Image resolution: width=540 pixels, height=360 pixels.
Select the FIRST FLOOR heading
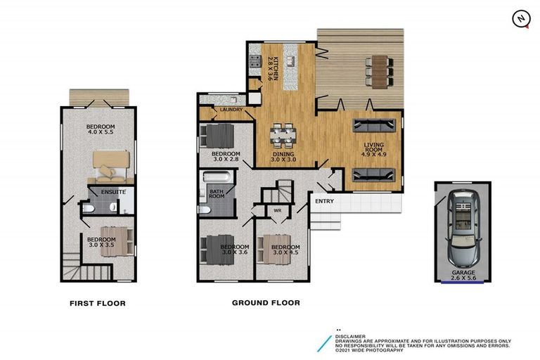tap(98, 304)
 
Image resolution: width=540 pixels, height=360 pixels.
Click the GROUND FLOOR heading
tap(266, 303)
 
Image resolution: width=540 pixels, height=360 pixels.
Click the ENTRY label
tap(325, 202)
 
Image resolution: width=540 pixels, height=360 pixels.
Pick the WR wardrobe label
tap(277, 210)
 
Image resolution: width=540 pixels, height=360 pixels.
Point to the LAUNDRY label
tap(231, 110)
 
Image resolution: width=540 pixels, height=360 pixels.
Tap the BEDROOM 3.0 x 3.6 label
tap(234, 251)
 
